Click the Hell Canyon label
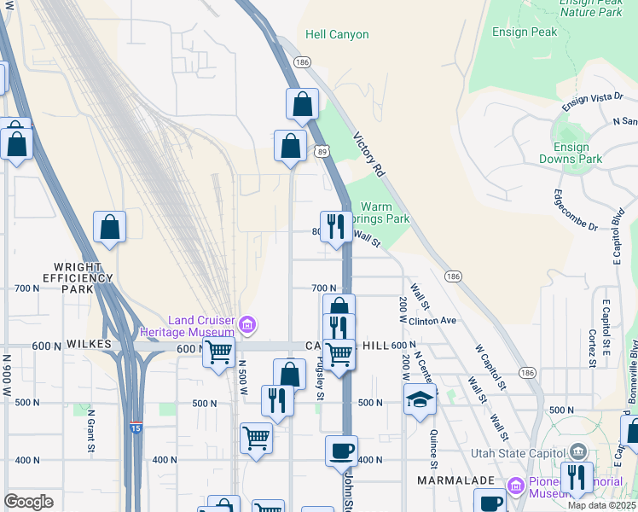(338, 35)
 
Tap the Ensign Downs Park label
(571, 153)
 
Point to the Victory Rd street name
(369, 154)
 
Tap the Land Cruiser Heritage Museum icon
(247, 324)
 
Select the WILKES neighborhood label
(90, 344)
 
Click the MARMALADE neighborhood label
(455, 481)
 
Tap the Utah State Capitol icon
(578, 451)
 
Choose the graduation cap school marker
(420, 399)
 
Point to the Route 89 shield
(322, 151)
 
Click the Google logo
(28, 501)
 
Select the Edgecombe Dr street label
(577, 210)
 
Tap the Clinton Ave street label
(433, 321)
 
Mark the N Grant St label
(90, 431)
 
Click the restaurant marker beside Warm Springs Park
(336, 226)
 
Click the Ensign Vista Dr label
(592, 102)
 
